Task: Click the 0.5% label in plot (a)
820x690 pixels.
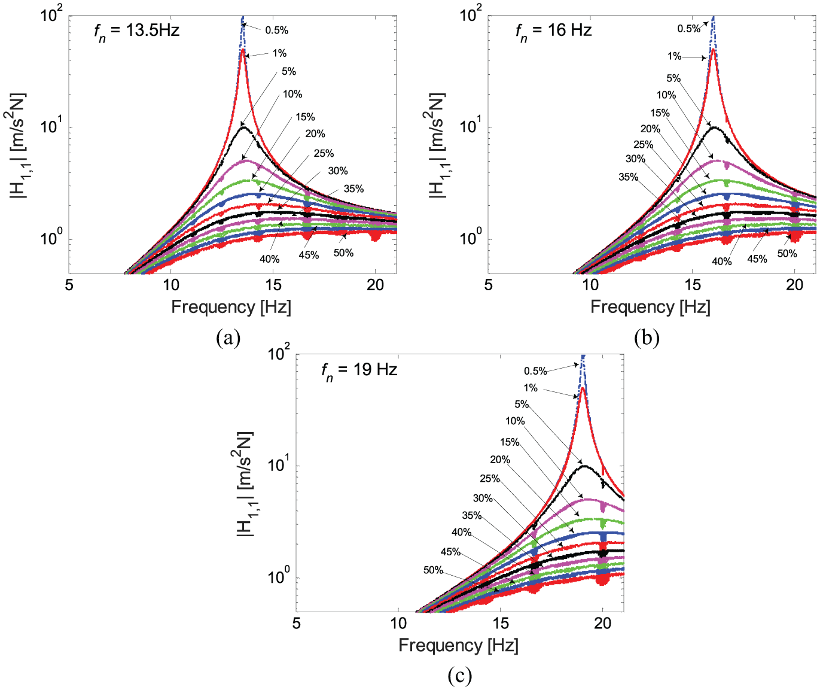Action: pos(276,31)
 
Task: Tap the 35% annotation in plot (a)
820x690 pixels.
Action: pos(353,189)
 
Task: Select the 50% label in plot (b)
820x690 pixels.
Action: pos(787,254)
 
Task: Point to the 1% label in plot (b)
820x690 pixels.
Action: pos(674,57)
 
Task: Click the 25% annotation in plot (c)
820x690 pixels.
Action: pos(490,479)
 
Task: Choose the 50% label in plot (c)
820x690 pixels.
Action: pos(433,570)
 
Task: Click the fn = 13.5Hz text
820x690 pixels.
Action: pos(136,31)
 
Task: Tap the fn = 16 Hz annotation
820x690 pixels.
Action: pos(554,31)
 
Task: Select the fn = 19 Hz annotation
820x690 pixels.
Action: pos(359,370)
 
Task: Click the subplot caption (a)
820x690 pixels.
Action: pos(228,338)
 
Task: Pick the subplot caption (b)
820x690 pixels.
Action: pos(647,338)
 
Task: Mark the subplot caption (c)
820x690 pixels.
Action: pos(459,676)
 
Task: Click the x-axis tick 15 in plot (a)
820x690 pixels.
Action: pos(273,285)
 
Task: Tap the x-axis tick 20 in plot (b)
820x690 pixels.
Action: pos(794,285)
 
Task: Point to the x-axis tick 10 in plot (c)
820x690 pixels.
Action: pos(398,623)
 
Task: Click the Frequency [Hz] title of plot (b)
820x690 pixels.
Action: pos(650,307)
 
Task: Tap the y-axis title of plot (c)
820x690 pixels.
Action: pos(245,484)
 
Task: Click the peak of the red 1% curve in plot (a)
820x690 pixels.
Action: pos(243,49)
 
